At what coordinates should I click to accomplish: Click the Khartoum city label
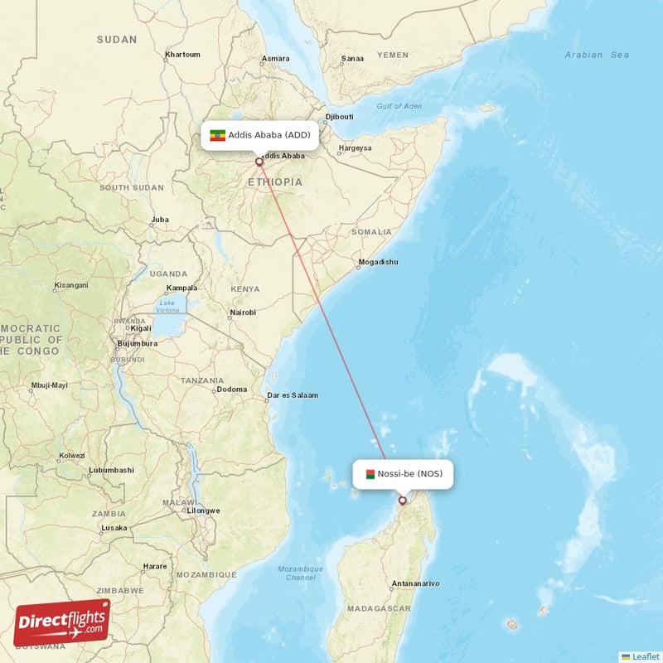tap(182, 55)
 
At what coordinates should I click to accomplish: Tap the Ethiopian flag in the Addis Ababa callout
tap(218, 135)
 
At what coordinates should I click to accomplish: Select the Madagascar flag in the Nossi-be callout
tap(370, 474)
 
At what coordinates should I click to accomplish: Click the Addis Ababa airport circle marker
tap(259, 162)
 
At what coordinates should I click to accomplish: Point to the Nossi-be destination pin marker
tap(403, 500)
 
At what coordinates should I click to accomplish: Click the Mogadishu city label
tap(377, 262)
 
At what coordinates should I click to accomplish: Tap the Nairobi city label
tap(242, 312)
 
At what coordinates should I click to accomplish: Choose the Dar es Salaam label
tap(293, 395)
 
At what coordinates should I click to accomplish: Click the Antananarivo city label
tap(416, 583)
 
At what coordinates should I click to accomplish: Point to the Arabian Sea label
tap(597, 55)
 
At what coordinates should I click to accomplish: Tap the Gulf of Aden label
tap(399, 106)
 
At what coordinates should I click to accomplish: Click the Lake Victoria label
tap(168, 307)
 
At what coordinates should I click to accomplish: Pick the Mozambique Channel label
tap(300, 573)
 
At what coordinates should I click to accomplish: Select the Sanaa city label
tap(353, 59)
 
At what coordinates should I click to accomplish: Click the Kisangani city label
tap(70, 285)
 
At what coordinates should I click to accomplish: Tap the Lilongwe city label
tap(203, 511)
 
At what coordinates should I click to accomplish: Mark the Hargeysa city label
tap(354, 149)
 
